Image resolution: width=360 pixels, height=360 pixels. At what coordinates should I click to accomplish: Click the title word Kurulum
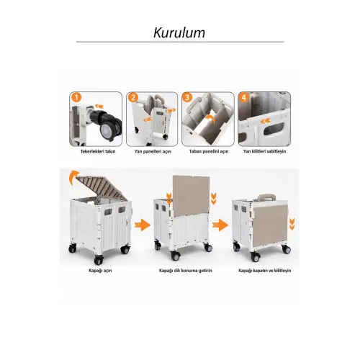coord(179,32)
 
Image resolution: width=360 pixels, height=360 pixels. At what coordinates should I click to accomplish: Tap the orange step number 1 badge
coord(76,98)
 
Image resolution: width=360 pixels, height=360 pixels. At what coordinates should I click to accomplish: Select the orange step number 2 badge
coord(133,98)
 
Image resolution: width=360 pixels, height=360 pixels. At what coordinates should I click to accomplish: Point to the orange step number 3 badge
coord(188,98)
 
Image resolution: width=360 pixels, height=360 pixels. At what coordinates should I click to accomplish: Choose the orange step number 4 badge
coord(244,98)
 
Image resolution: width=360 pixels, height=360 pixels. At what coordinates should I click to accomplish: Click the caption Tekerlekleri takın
coord(98,151)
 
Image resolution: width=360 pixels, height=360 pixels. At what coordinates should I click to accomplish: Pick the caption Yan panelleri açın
coord(153,151)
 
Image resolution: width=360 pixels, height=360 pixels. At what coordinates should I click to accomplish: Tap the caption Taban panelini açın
coord(209,151)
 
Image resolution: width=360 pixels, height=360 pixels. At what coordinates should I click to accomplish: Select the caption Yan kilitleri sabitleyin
coord(264,151)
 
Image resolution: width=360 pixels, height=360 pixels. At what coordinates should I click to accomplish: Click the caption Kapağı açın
coord(100,271)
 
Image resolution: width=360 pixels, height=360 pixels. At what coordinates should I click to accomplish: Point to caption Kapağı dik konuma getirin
coord(186,271)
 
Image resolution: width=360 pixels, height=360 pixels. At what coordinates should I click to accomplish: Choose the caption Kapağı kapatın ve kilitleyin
coord(265,271)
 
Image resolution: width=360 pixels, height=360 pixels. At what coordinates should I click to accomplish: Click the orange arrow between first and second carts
coord(143,225)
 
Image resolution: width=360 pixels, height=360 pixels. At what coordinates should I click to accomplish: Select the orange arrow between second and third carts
coord(220,225)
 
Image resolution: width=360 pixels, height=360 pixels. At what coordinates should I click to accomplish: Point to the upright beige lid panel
coord(191,195)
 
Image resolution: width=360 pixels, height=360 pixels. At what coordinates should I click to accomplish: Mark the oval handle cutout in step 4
coord(273,129)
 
